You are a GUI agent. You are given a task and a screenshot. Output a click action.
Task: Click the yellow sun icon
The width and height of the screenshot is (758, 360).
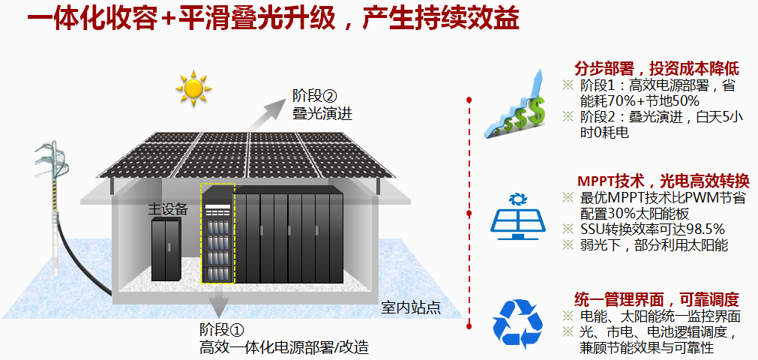(x=193, y=88)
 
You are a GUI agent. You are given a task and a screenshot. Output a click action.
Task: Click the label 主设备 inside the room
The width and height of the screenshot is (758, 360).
(x=168, y=209)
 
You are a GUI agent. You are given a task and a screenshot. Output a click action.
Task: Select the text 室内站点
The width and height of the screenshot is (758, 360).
(x=410, y=307)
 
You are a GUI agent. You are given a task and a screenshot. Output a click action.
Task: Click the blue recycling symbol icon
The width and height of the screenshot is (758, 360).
(x=517, y=322)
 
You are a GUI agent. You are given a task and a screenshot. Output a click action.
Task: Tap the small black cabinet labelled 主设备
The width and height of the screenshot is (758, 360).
(x=166, y=249)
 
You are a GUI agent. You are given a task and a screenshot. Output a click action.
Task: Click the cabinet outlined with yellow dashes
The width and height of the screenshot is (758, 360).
(x=217, y=233)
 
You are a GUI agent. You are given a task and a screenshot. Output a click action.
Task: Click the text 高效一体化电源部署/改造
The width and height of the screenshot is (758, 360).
(x=284, y=347)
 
